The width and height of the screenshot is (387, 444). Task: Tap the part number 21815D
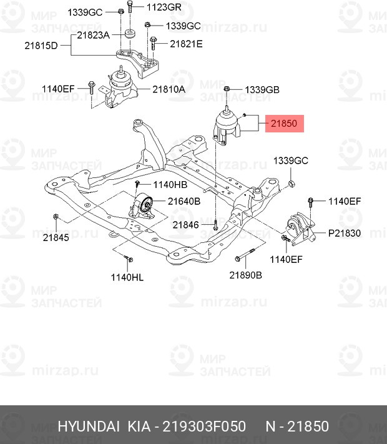41,46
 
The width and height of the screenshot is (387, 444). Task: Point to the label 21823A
94,36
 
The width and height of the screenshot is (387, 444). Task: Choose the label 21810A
168,89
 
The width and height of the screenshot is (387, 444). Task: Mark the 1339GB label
262,90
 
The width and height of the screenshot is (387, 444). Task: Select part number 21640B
184,201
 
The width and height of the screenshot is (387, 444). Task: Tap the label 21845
56,237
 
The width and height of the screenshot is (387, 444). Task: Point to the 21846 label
186,225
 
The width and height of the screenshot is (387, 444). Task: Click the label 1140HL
127,277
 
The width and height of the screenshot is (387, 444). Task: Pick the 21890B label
245,275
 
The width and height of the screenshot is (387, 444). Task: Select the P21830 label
345,233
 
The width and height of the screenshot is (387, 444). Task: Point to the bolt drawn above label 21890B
245,257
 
